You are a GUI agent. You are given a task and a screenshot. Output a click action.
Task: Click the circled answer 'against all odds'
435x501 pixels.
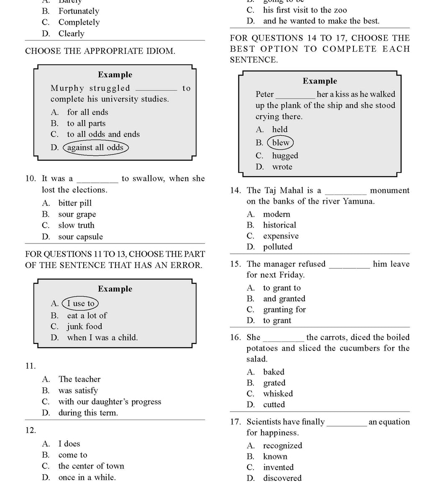pyautogui.click(x=95, y=147)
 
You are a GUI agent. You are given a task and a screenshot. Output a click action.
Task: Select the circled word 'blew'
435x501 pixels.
pyautogui.click(x=281, y=143)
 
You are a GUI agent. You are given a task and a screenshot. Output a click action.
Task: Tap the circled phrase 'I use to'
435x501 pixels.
pyautogui.click(x=81, y=304)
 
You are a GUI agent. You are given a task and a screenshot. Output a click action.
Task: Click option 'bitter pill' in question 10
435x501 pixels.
pyautogui.click(x=75, y=203)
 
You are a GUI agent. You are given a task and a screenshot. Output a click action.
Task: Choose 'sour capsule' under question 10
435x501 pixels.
pyautogui.click(x=80, y=237)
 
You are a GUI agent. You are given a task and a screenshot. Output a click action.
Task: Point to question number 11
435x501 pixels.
pyautogui.click(x=31, y=366)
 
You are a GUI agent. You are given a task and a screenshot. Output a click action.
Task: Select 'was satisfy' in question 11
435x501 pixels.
pyautogui.click(x=78, y=391)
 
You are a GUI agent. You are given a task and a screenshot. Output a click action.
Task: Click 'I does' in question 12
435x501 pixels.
pyautogui.click(x=69, y=444)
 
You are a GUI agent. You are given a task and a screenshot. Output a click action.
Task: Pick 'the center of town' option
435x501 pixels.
pyautogui.click(x=91, y=466)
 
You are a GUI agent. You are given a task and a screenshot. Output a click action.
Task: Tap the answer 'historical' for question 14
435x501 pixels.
pyautogui.click(x=279, y=225)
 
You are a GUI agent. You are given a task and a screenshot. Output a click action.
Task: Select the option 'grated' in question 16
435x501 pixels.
pyautogui.click(x=274, y=383)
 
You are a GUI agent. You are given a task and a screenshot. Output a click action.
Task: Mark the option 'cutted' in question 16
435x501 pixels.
pyautogui.click(x=274, y=405)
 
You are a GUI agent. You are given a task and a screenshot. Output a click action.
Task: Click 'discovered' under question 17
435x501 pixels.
pyautogui.click(x=282, y=478)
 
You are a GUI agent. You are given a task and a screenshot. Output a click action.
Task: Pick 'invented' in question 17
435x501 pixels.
pyautogui.click(x=278, y=467)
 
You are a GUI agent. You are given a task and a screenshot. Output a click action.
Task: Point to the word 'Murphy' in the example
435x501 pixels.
pyautogui.click(x=67, y=88)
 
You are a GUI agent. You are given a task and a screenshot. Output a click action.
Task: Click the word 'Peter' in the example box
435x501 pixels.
pyautogui.click(x=265, y=94)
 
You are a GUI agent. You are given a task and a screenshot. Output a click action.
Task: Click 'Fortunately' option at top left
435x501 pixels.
pyautogui.click(x=79, y=11)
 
